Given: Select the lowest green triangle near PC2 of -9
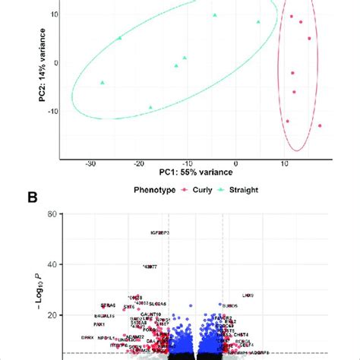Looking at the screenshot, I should tap(150, 107).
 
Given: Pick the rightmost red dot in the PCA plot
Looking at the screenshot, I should tap(320, 125).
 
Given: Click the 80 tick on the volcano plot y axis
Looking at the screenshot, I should tap(52, 216).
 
